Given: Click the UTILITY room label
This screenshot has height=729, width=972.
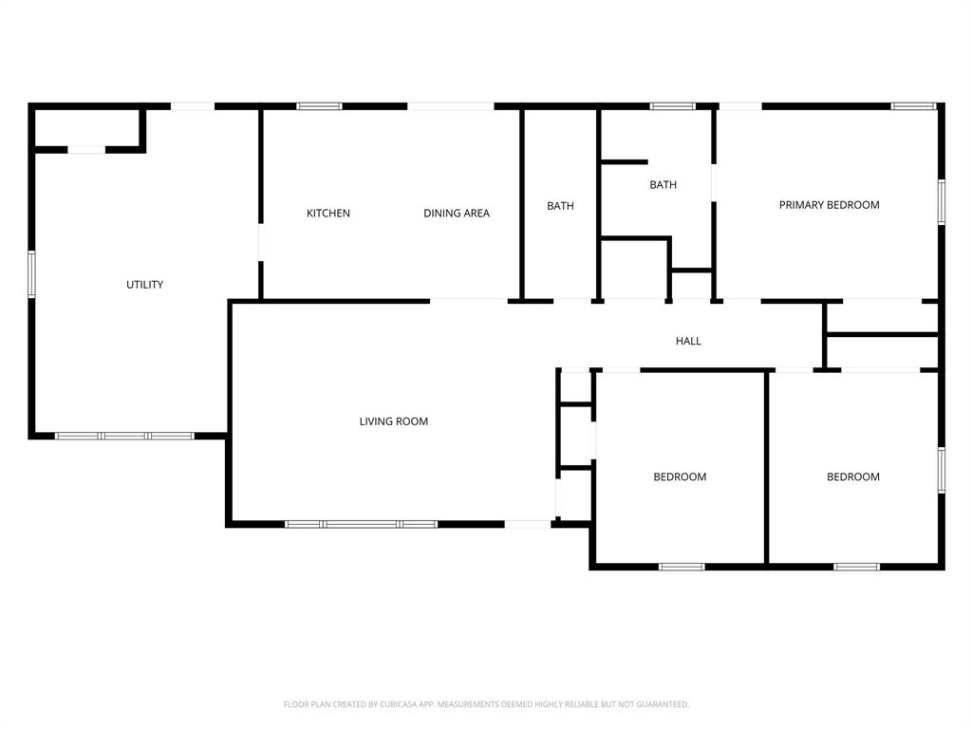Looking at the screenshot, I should (x=144, y=285).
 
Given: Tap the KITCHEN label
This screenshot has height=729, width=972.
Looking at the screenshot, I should (x=328, y=214).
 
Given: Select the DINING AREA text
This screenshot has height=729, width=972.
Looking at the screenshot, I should (x=457, y=214).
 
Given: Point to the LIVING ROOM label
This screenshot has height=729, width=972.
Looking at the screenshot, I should (x=393, y=421).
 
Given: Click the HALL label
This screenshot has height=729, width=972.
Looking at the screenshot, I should (x=688, y=341).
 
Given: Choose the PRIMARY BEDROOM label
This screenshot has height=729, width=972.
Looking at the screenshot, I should (x=829, y=205).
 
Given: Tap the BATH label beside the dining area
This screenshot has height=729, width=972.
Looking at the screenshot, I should (x=560, y=206).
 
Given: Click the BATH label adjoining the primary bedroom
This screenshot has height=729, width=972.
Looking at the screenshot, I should (x=663, y=185).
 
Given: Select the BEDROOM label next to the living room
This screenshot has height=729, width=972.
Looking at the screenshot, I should (x=680, y=477).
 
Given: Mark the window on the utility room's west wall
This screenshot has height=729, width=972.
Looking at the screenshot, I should (x=31, y=273).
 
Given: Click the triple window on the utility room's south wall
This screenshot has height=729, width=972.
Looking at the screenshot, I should (x=124, y=436).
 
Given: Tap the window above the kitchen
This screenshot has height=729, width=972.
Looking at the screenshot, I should (x=319, y=106).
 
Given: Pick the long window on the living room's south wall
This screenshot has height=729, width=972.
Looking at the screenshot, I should (x=361, y=524).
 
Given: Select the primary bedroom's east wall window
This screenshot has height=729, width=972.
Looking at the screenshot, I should (x=941, y=201).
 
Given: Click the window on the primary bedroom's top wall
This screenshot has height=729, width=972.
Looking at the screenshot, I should (x=914, y=106).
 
